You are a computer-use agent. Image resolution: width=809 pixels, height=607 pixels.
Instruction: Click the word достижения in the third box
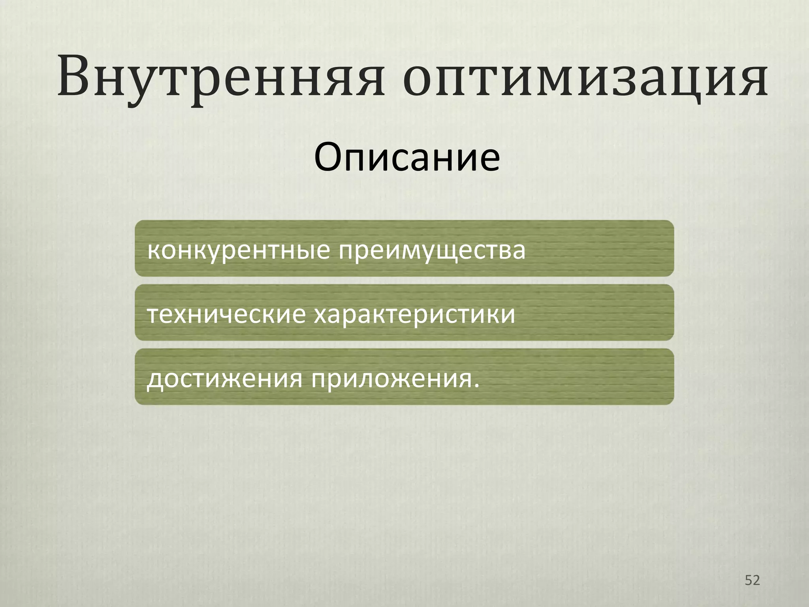point(225,379)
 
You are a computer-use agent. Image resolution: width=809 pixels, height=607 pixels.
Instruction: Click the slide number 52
point(752,580)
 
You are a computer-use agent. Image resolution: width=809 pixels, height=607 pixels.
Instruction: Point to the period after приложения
point(477,385)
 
